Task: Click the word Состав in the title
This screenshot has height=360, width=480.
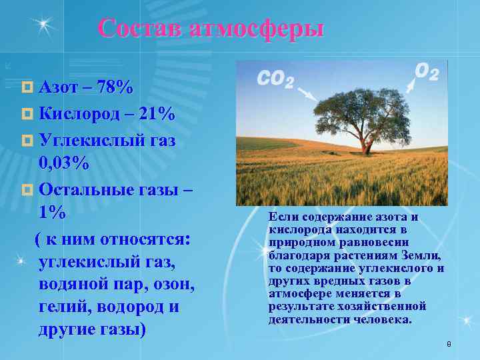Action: pyautogui.click(x=141, y=29)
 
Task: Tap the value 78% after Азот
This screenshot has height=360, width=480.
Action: pyautogui.click(x=114, y=87)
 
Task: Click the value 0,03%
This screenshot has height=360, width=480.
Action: pyautogui.click(x=64, y=163)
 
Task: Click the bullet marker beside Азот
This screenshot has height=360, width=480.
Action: pyautogui.click(x=27, y=88)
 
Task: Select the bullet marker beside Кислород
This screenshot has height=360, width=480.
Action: pyautogui.click(x=27, y=115)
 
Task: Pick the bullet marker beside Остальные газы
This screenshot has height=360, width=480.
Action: pyautogui.click(x=27, y=189)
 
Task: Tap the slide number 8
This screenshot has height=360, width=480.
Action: pyautogui.click(x=449, y=344)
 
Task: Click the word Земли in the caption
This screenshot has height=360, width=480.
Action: pyautogui.click(x=422, y=255)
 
